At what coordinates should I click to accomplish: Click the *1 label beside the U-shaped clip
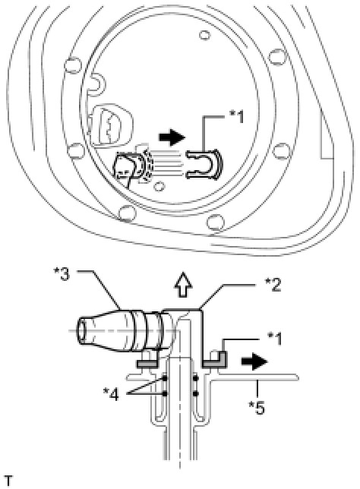point(237,117)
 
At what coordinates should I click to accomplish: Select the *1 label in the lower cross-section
point(275,339)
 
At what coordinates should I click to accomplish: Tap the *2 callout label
point(273,284)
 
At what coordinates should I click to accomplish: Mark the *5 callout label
point(257,407)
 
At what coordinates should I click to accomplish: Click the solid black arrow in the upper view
point(172,137)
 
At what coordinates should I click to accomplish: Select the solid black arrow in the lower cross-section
point(254,361)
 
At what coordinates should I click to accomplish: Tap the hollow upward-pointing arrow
point(183,285)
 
